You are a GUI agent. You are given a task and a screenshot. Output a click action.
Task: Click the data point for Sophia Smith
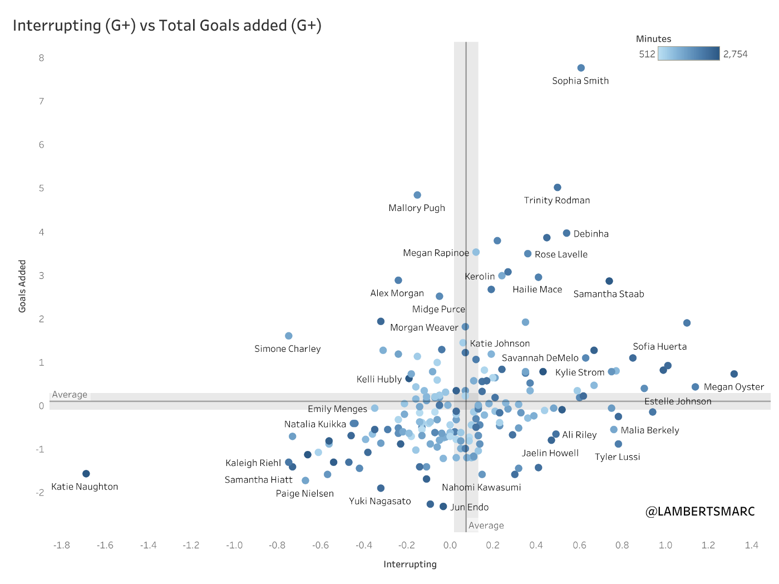click(x=581, y=68)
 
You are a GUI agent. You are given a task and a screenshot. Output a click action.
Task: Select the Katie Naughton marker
click(x=86, y=474)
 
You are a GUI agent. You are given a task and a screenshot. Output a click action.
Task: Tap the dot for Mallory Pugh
click(x=417, y=195)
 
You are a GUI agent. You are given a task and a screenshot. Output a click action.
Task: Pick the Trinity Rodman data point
click(x=558, y=188)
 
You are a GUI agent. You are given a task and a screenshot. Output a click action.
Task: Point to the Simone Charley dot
click(x=289, y=336)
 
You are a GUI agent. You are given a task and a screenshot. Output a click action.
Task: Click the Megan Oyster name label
click(x=733, y=387)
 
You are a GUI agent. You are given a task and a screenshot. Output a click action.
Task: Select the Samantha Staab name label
click(x=608, y=294)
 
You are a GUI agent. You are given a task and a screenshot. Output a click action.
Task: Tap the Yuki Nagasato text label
click(x=379, y=501)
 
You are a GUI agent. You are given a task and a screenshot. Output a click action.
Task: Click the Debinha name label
click(x=591, y=234)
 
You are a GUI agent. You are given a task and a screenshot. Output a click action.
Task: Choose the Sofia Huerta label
click(x=659, y=346)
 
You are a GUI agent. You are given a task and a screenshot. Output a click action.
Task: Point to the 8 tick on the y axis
click(x=42, y=58)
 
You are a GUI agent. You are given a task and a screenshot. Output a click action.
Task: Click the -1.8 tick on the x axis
click(x=62, y=545)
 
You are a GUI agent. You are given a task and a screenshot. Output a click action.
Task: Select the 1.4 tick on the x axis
click(x=751, y=545)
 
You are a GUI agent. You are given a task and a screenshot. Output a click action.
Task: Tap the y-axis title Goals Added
click(x=22, y=286)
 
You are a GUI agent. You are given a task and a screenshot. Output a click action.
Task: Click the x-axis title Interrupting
click(x=410, y=565)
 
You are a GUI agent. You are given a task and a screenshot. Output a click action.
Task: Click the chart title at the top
click(x=167, y=26)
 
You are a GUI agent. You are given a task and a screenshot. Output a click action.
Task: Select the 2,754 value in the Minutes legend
click(x=735, y=54)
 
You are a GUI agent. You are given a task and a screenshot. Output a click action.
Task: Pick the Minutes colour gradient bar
click(x=688, y=53)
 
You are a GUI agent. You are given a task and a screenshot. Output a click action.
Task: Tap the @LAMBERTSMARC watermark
click(x=700, y=511)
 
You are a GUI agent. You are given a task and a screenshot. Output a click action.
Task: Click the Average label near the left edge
click(x=70, y=395)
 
